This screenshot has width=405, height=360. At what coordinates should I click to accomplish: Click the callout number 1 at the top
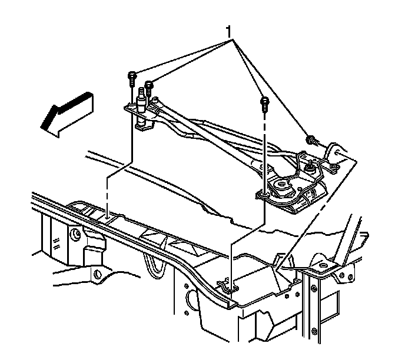(x=228, y=32)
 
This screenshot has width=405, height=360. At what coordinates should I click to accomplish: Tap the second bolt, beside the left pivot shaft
(x=149, y=88)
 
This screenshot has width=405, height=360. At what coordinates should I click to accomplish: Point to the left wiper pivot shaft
(x=141, y=103)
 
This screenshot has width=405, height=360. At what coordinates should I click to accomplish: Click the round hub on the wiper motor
(x=281, y=185)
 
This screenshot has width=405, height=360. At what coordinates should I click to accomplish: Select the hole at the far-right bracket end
(x=337, y=152)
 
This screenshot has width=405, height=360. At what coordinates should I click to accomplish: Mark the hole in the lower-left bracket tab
(x=97, y=274)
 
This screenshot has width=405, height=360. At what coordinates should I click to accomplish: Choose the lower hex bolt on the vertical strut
(x=314, y=332)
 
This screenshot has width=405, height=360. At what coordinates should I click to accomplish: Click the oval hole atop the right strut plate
(x=323, y=265)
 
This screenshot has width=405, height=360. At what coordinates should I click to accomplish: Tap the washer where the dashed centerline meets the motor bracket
(x=264, y=194)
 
